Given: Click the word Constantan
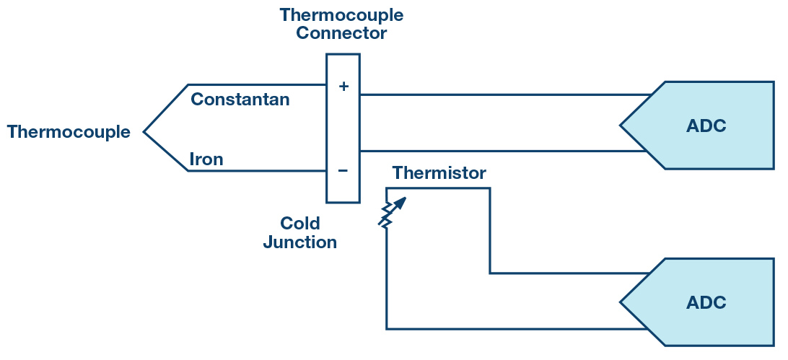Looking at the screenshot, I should click(240, 100).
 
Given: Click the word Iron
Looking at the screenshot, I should click(206, 159).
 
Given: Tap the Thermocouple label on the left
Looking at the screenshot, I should click(69, 132).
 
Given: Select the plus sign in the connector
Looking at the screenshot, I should click(343, 87).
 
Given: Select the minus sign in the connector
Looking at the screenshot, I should click(343, 171).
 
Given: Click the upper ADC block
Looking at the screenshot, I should click(705, 126).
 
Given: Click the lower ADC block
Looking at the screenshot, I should click(705, 302).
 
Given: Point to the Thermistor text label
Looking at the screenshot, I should click(439, 173).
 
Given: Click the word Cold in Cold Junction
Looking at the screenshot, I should click(299, 223).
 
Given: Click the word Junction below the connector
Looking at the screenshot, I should click(299, 242).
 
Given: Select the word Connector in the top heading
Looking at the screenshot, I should click(341, 33).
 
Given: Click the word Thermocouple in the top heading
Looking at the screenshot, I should click(341, 14).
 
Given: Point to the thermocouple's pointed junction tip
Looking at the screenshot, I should click(145, 132).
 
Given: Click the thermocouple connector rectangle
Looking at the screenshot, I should click(343, 128).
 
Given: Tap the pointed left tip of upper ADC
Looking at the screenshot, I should click(622, 126).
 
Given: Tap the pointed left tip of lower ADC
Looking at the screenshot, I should click(622, 302).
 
